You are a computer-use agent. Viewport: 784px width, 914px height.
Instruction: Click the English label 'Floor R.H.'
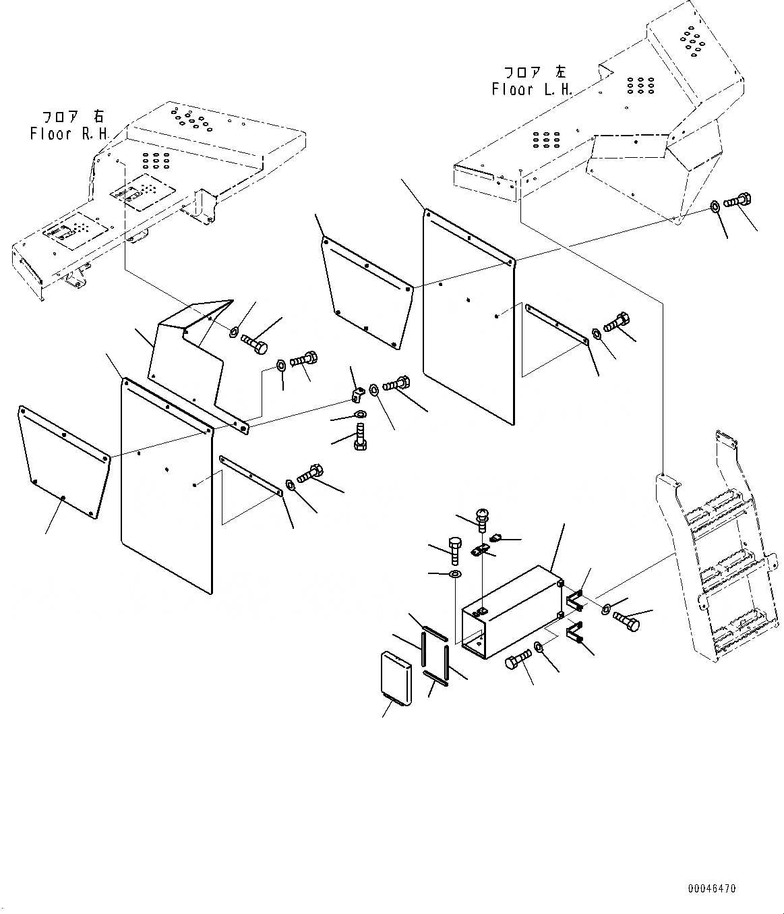(69, 134)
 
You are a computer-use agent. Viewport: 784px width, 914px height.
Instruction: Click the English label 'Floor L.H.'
(532, 89)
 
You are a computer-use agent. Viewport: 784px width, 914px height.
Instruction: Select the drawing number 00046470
(712, 890)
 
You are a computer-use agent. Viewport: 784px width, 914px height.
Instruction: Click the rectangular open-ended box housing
(512, 610)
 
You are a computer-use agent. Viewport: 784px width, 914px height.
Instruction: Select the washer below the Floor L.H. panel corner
(714, 206)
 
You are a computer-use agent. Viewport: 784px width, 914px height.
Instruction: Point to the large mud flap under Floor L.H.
(469, 317)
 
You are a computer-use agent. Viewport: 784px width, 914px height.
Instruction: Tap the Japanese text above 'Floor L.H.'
(535, 72)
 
